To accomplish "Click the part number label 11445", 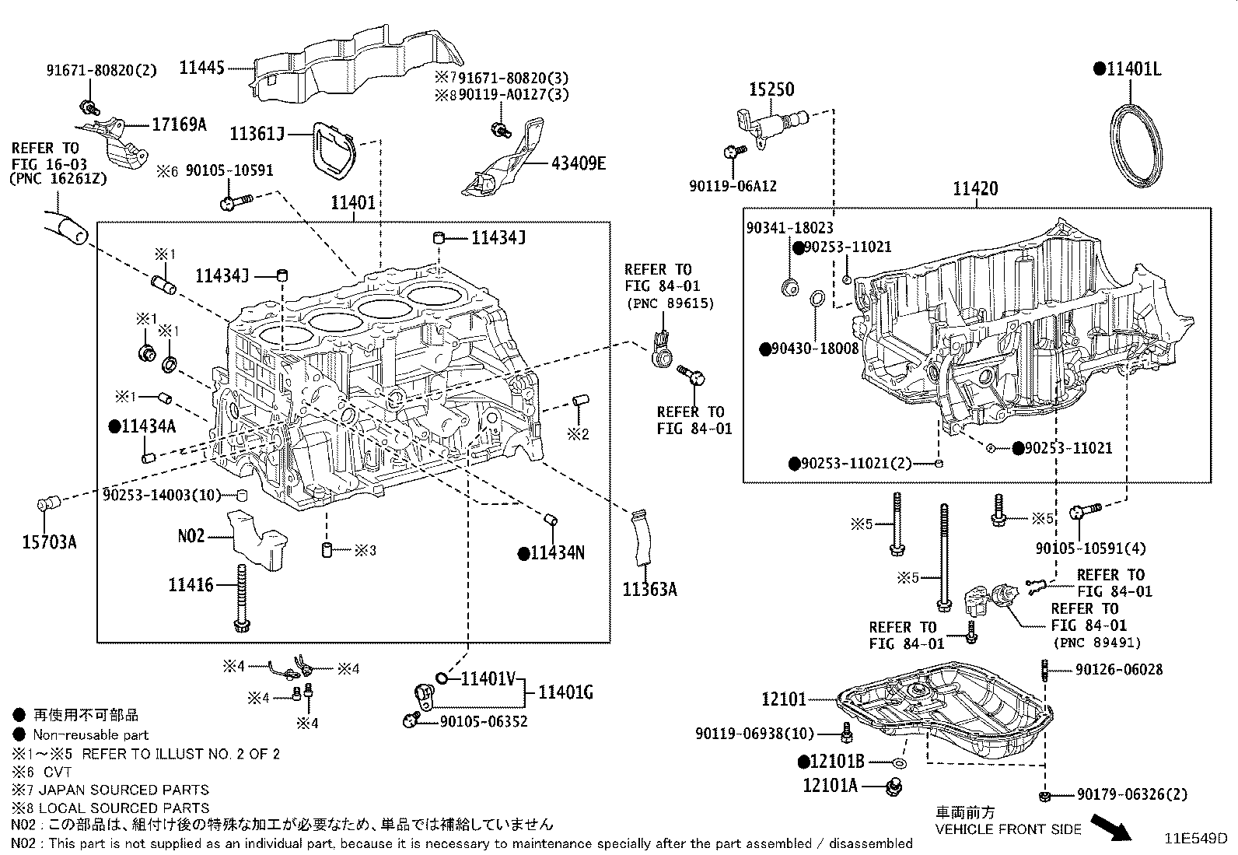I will (x=201, y=68).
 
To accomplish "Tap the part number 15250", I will (x=771, y=89).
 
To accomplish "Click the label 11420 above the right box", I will (x=976, y=189).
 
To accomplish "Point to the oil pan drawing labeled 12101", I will (x=945, y=712).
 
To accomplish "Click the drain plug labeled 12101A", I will (x=894, y=787).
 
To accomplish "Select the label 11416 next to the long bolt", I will (x=191, y=584).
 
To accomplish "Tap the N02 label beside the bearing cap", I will (x=191, y=536).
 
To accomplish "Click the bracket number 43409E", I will (x=579, y=163).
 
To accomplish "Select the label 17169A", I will (x=179, y=124).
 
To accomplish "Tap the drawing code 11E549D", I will (x=1195, y=839).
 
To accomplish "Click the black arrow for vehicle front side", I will (x=1110, y=828).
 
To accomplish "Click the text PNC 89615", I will (x=669, y=303).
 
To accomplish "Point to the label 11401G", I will (x=565, y=692).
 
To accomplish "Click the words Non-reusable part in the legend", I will (x=90, y=734).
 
